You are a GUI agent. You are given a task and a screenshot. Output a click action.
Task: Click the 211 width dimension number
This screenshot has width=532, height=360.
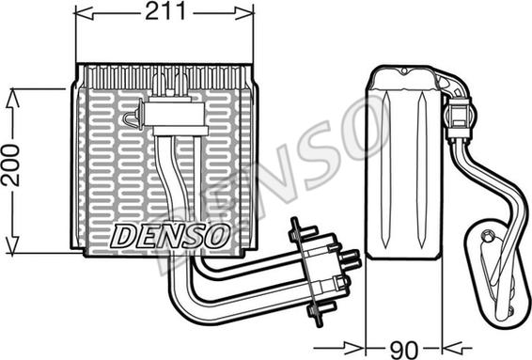coord(165,11)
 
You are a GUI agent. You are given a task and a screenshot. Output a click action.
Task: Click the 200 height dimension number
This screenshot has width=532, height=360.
coord(11,164)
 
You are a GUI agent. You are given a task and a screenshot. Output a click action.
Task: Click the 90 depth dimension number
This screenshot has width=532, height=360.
coord(404,349)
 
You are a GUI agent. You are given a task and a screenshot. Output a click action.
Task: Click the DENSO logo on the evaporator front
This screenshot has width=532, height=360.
coord(169,235)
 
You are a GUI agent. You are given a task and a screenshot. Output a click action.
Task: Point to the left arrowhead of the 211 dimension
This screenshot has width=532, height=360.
coord(84,13)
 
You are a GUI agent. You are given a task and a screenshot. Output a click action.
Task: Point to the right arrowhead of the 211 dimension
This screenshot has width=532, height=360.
coord(244,13)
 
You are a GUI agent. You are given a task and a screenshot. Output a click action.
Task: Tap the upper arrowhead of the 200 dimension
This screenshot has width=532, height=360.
coord(12,99)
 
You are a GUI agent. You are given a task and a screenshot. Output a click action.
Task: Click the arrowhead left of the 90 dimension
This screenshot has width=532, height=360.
coord(355,348)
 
